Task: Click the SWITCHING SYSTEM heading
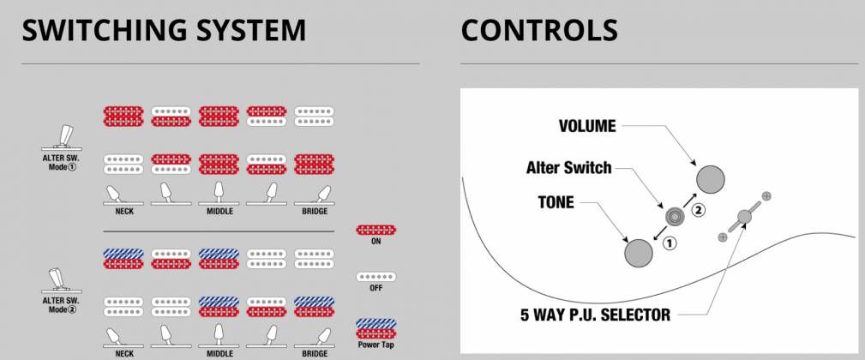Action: coord(163,30)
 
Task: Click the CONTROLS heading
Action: coord(538,30)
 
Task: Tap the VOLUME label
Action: coord(587,126)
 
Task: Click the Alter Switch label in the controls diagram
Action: coord(568,167)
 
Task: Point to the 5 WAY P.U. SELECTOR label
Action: coord(595,314)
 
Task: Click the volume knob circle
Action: coord(712,179)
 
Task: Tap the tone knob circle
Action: coord(639,253)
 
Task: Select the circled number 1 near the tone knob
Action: coord(670,243)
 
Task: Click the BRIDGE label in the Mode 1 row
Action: coord(314,210)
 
